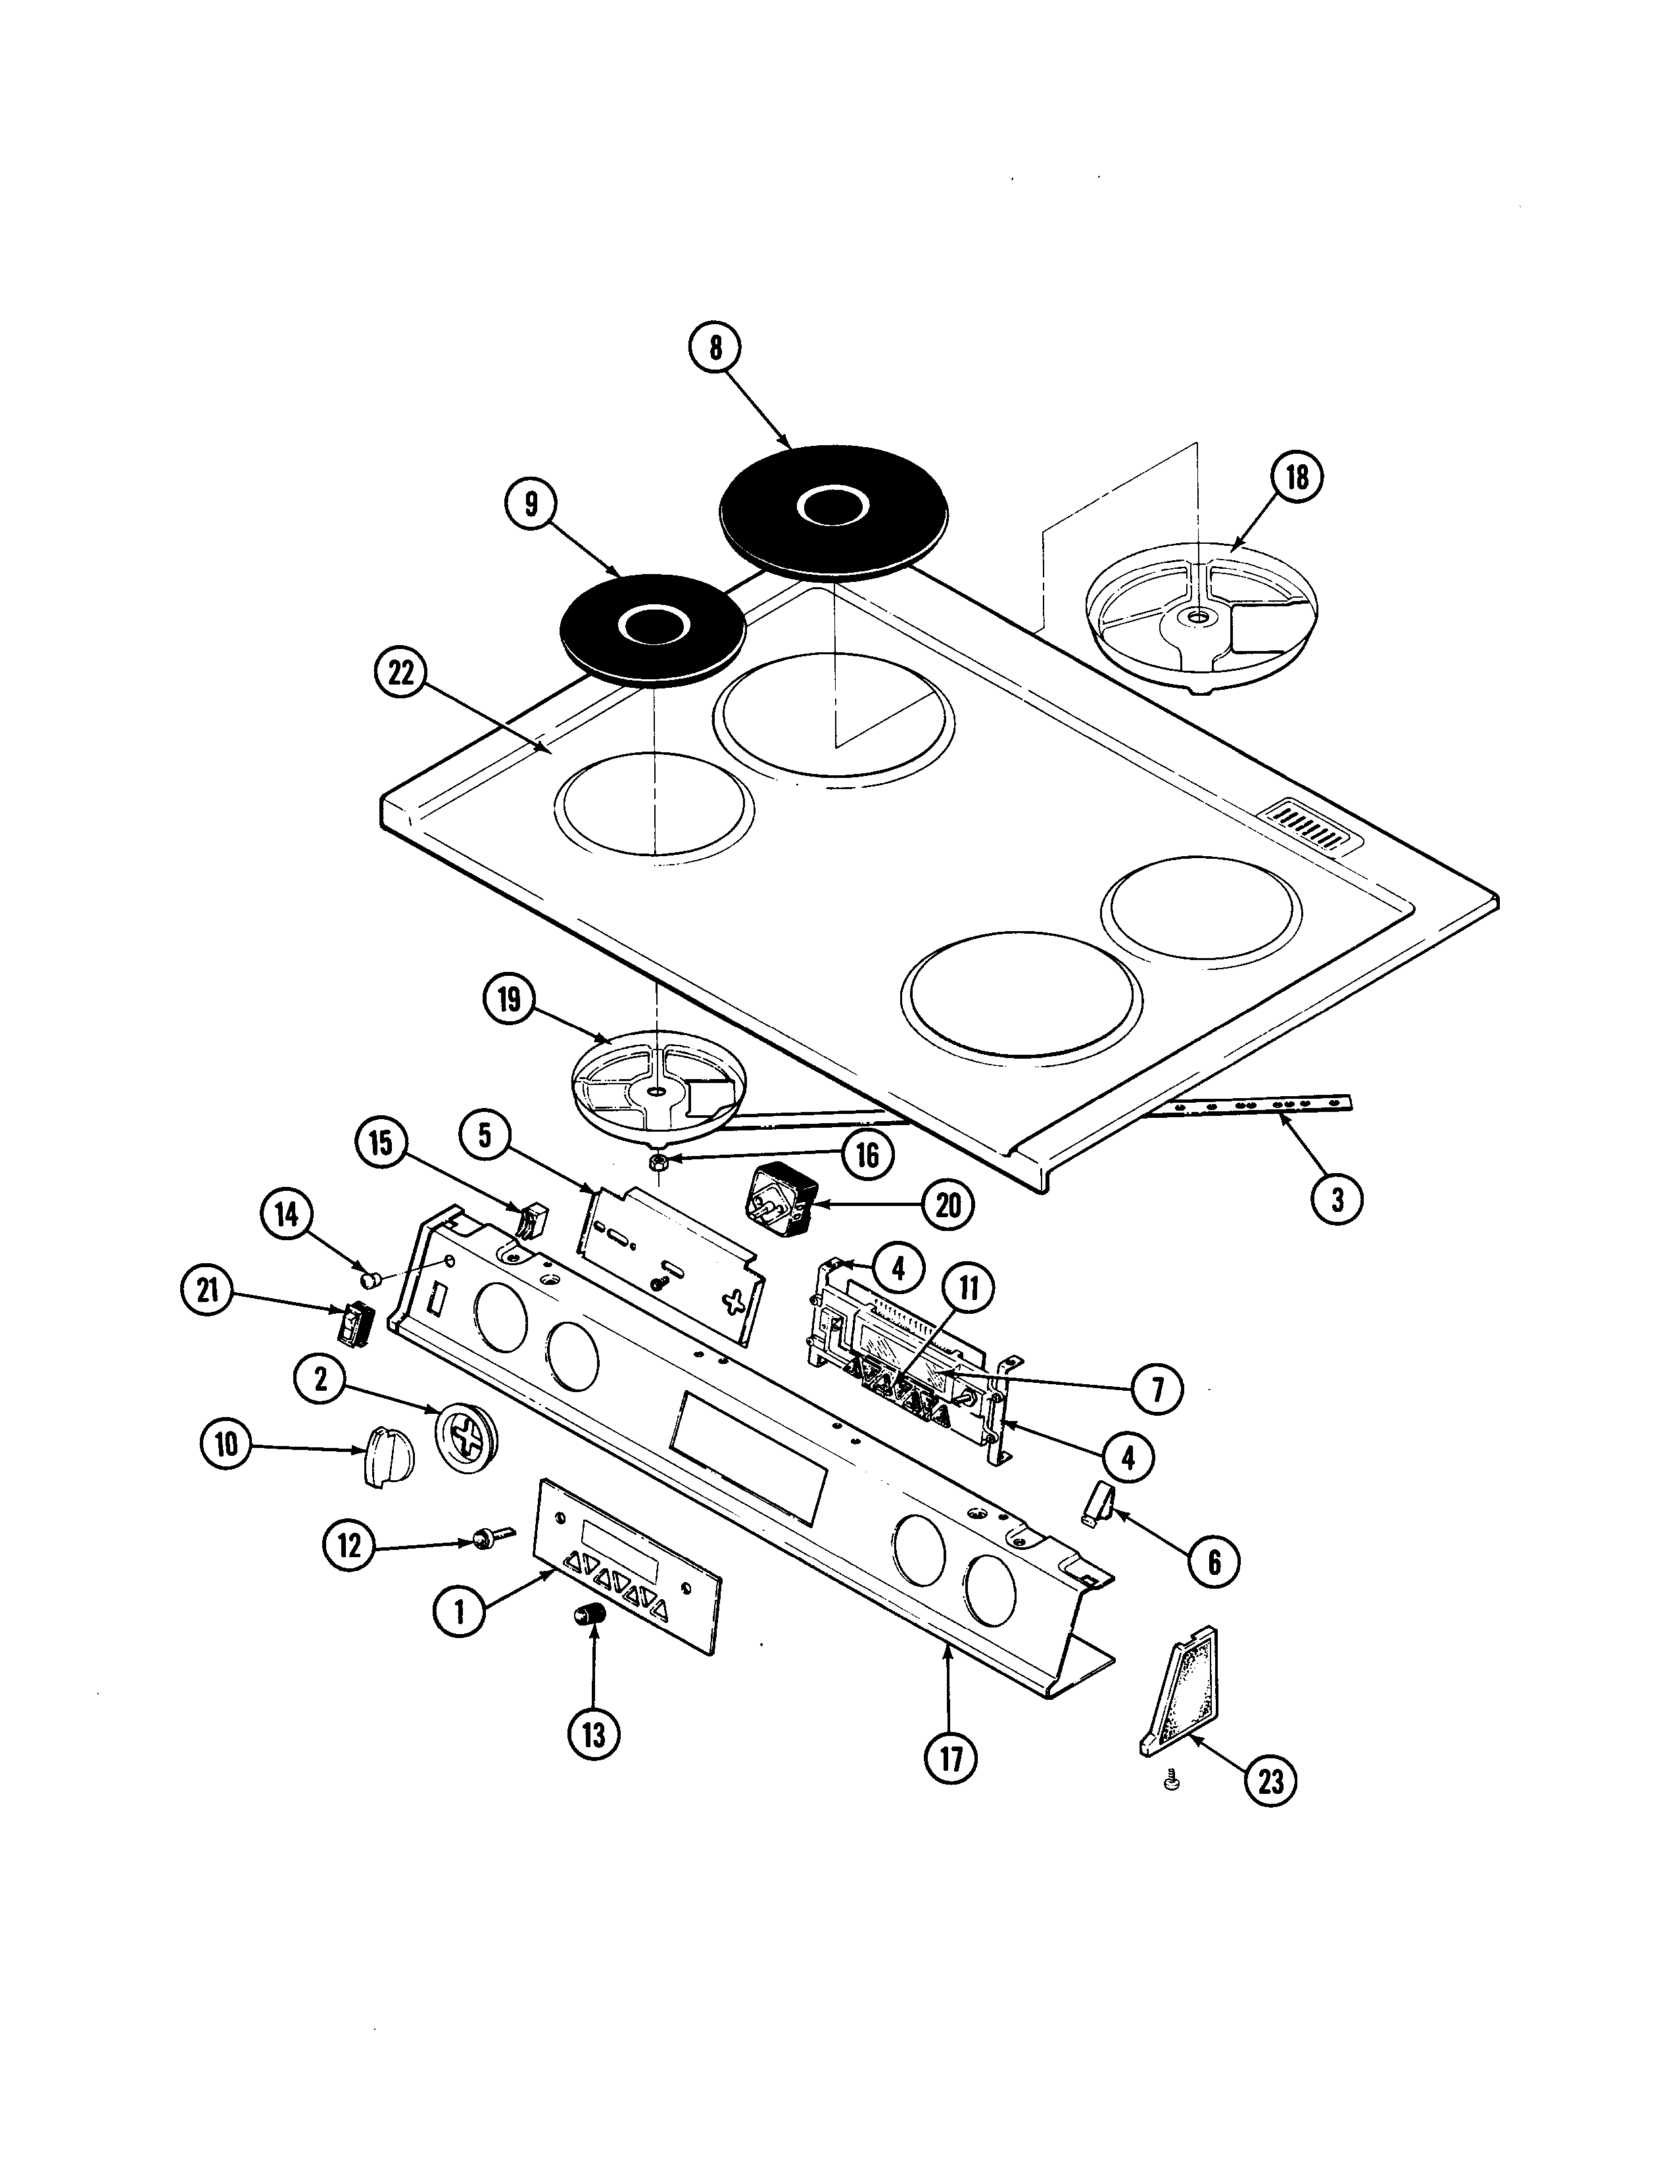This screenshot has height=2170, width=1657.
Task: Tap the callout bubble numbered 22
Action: (400, 673)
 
